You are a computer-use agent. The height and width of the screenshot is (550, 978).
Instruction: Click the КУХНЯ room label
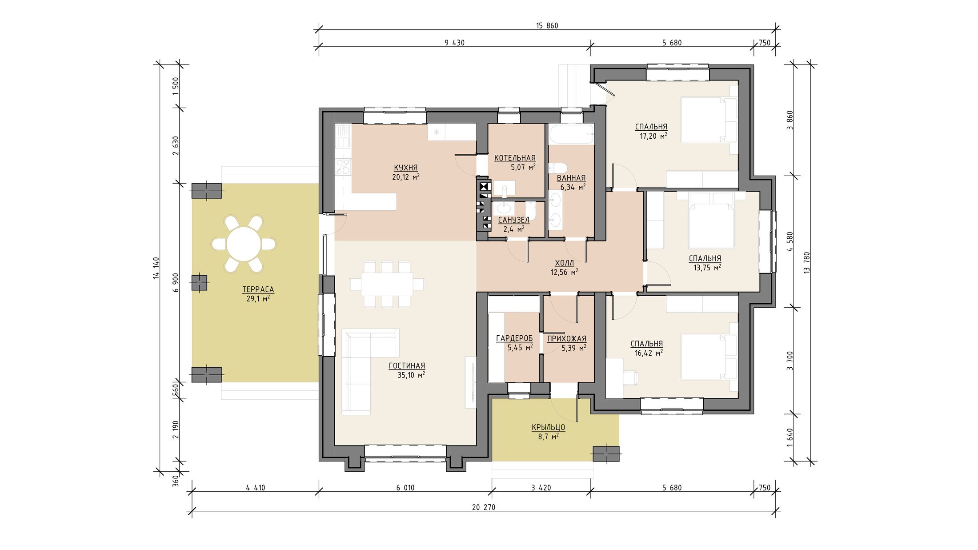point(405,168)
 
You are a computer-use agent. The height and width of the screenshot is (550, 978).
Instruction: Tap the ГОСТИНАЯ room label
point(407,366)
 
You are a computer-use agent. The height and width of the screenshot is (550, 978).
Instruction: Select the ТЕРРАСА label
point(258,289)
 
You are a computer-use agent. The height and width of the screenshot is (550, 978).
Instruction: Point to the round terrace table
point(244,244)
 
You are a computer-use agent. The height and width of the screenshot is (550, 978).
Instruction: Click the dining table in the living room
point(387,284)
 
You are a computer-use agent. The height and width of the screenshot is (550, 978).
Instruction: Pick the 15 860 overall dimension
point(547,26)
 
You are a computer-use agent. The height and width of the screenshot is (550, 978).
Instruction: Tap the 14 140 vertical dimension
point(156,268)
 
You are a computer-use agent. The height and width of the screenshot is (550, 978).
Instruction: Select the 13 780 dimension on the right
point(807,263)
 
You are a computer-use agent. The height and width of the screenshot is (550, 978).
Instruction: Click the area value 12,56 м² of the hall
point(564,272)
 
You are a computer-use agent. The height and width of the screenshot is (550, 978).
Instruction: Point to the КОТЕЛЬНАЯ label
point(515,158)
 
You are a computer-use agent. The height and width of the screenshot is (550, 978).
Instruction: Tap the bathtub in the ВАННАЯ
point(571,134)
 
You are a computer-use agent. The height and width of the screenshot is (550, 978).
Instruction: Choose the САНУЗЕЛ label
point(513,220)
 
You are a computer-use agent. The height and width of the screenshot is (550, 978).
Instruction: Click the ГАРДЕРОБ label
point(514,338)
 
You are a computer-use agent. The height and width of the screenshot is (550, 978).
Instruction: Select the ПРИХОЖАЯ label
point(567,338)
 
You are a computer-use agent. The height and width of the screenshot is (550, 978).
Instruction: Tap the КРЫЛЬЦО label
point(548,427)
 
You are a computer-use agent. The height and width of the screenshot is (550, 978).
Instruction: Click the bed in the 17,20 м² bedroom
point(709,120)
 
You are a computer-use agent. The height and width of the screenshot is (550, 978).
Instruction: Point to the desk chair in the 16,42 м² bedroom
point(630,377)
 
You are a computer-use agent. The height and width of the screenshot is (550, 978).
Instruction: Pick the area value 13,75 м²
point(707,268)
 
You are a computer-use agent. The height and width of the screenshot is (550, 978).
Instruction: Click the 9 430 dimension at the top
point(454,43)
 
